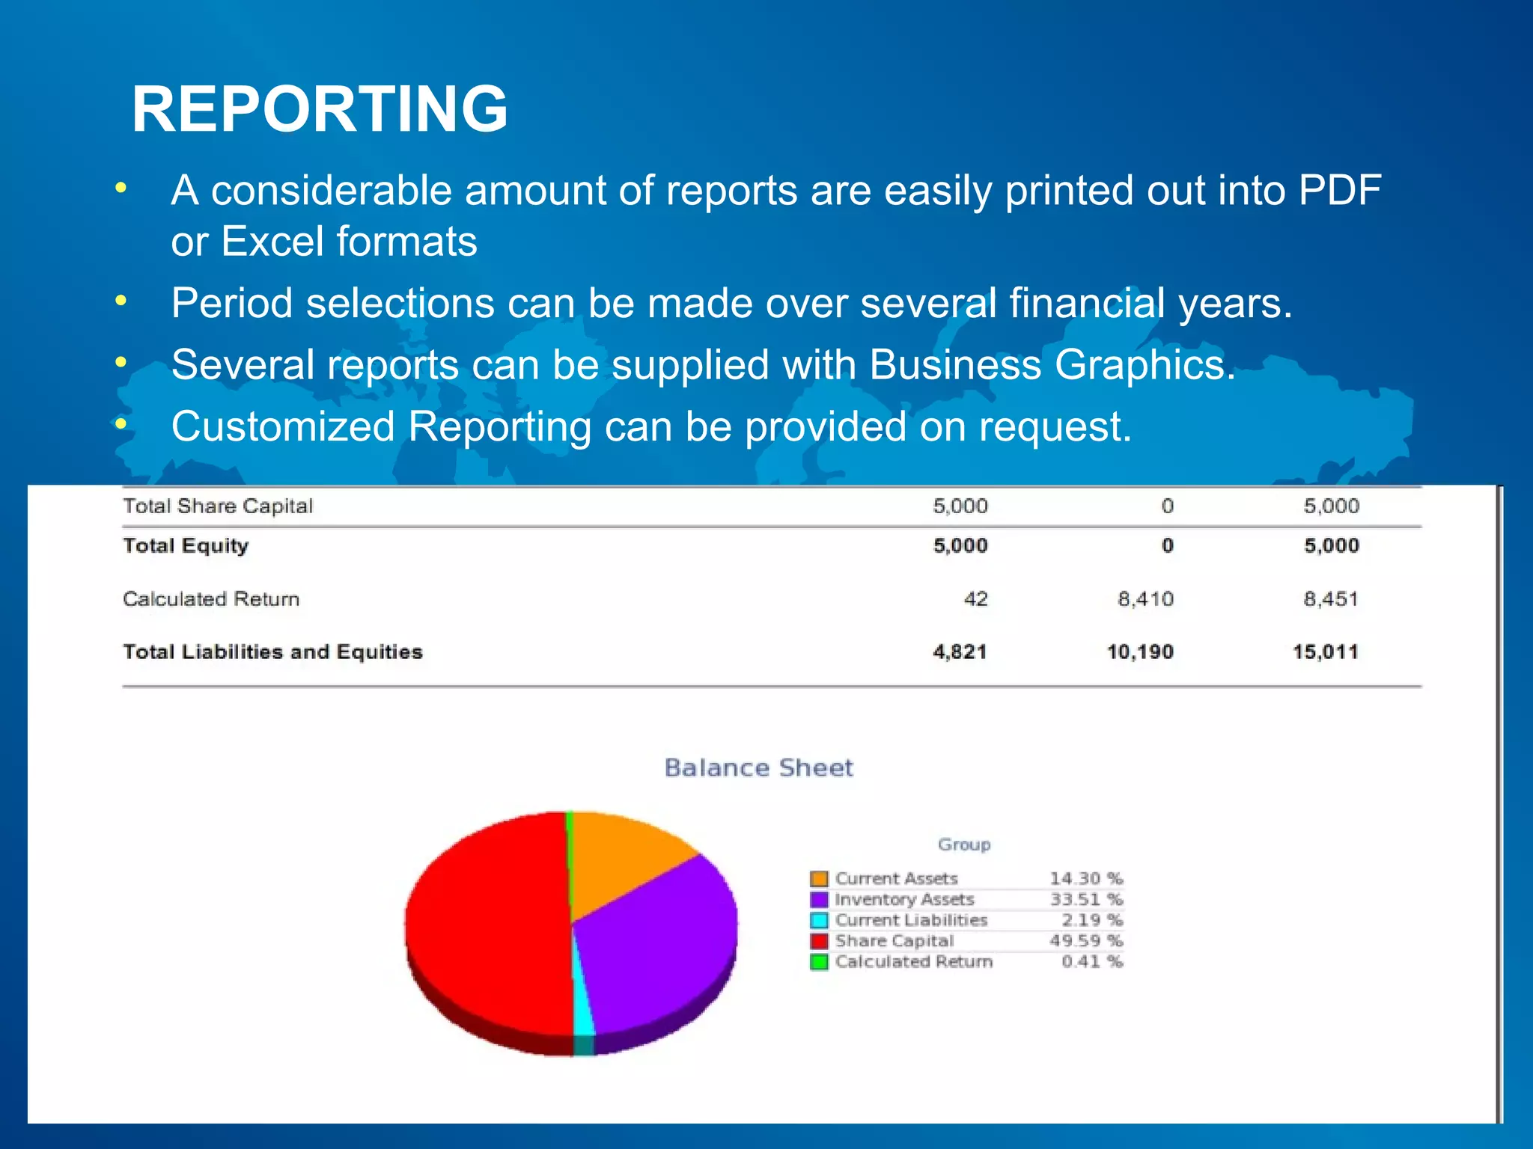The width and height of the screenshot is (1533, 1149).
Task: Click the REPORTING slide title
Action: click(x=320, y=109)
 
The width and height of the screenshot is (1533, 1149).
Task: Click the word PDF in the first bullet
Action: click(x=1339, y=191)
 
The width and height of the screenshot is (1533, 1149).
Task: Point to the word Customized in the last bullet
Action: click(x=282, y=427)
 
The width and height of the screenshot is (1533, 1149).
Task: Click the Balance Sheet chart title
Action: click(x=758, y=767)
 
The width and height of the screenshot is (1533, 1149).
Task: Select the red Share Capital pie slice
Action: click(x=487, y=928)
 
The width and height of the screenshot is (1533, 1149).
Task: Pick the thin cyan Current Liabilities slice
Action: click(x=582, y=1010)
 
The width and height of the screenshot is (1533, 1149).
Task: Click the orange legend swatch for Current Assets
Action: click(x=819, y=878)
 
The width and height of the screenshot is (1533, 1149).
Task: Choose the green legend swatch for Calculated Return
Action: click(x=819, y=962)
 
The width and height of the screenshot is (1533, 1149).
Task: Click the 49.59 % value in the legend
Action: click(x=1085, y=941)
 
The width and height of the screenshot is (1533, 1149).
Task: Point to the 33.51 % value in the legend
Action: click(x=1085, y=899)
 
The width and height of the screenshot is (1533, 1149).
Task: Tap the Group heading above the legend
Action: click(x=964, y=845)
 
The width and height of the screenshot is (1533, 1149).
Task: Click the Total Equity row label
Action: click(x=186, y=545)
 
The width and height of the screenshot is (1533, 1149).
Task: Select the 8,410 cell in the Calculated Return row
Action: click(x=1145, y=598)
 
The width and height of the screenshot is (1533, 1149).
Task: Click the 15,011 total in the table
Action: click(x=1325, y=652)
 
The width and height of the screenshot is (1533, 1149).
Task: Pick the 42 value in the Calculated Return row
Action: click(x=975, y=598)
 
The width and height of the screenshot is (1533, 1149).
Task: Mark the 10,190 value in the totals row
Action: click(x=1140, y=652)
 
